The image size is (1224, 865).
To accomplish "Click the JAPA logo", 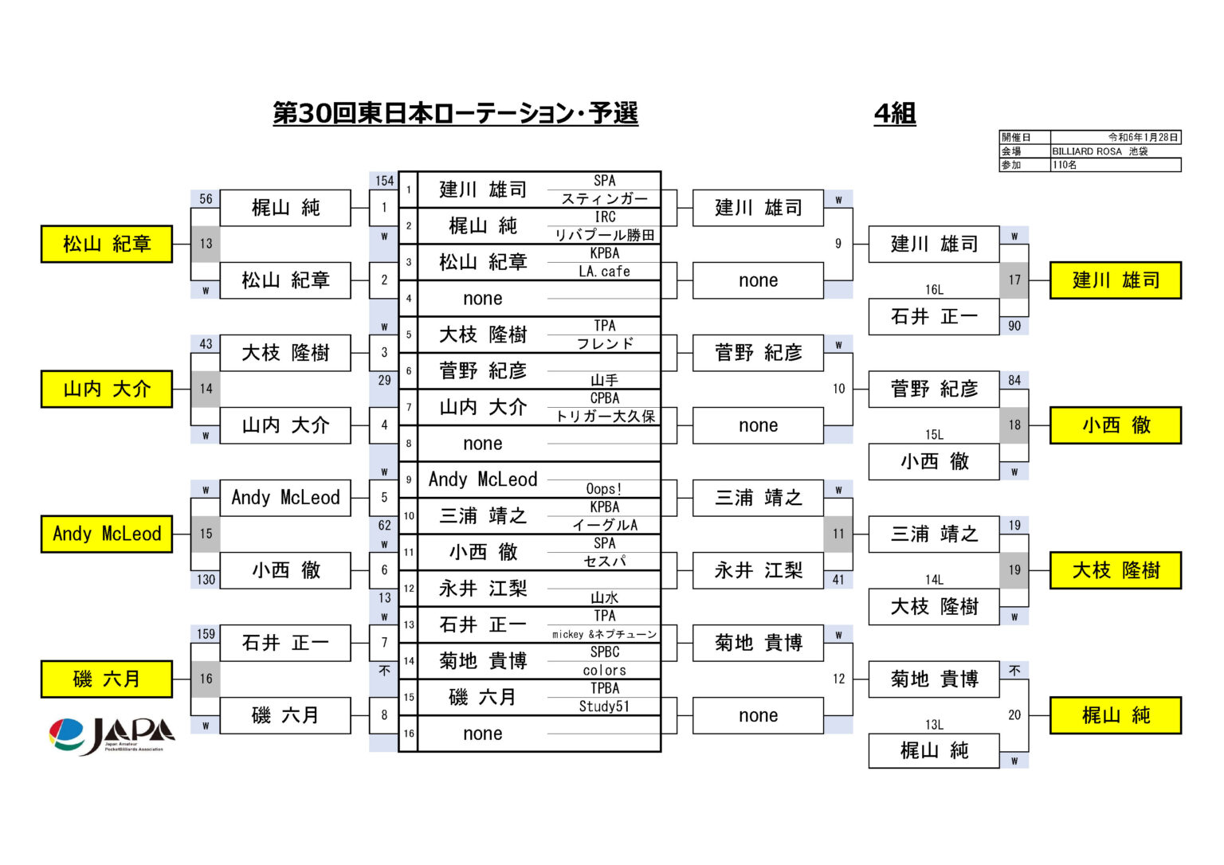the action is click(x=112, y=736).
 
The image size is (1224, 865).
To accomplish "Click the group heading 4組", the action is click(x=895, y=114).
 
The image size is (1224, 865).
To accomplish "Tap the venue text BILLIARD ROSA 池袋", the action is click(x=1099, y=151).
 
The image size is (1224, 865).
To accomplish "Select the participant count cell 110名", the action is click(x=1064, y=165).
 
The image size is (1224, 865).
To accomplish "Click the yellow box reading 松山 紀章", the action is click(x=107, y=244).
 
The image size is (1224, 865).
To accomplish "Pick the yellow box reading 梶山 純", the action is click(x=1116, y=715).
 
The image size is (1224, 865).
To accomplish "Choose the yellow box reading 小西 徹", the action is click(x=1116, y=425).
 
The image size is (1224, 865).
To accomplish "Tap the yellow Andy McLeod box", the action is click(x=107, y=534).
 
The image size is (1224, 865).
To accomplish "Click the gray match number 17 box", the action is click(x=1014, y=280).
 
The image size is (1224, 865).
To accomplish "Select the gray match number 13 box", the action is click(x=206, y=244).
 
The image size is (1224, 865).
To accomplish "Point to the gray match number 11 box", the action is click(x=838, y=534).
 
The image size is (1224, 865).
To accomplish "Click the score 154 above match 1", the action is click(x=384, y=181).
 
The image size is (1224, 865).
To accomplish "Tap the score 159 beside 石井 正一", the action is click(x=206, y=634).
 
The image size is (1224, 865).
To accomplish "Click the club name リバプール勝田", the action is click(x=604, y=235).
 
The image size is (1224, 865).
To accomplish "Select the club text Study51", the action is click(x=604, y=706).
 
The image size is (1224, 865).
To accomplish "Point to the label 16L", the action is click(x=934, y=289).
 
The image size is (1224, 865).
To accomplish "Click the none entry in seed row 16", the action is click(x=482, y=734).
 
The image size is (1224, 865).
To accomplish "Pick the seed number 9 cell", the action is click(x=409, y=479).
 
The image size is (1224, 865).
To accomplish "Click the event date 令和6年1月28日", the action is click(x=1144, y=137).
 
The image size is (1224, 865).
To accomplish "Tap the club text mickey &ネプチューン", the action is click(x=604, y=634).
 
